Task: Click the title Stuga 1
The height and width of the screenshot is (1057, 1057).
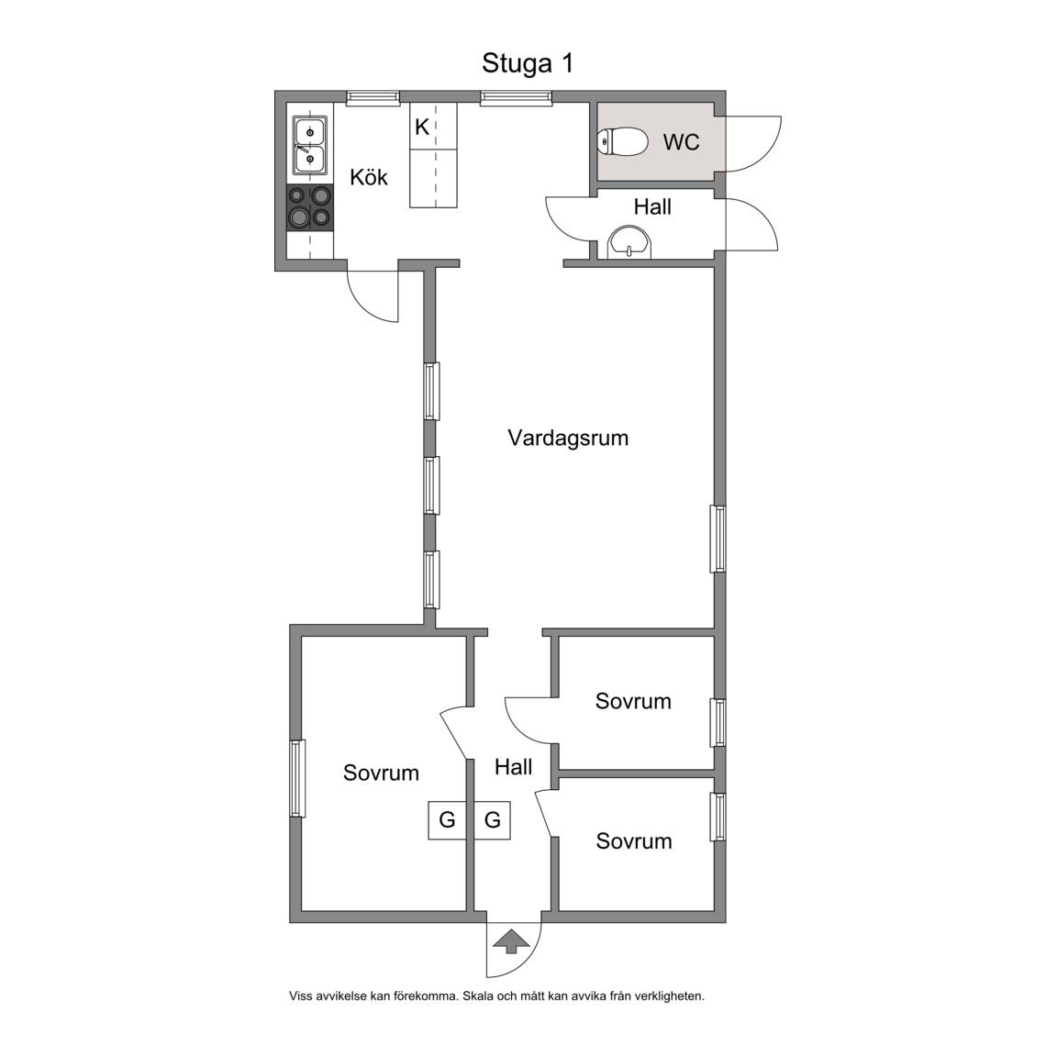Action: pos(528,63)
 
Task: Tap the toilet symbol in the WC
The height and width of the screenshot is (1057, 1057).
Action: pos(622,141)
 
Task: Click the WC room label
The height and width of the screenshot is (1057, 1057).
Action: pos(681,142)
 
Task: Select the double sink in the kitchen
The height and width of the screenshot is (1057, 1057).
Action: pos(310,145)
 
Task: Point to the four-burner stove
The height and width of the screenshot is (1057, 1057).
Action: pos(310,207)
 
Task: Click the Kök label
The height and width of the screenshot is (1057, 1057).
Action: pos(369,177)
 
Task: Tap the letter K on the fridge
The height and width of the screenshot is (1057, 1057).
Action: pos(422,127)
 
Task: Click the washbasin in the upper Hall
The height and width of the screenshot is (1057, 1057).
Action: pos(630,242)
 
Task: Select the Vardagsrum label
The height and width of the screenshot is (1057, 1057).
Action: pos(568,439)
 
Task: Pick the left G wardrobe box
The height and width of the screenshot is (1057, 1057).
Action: pos(447,819)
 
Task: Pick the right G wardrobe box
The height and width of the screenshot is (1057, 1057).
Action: pos(492,819)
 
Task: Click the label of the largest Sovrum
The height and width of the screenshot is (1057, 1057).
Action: pos(381,773)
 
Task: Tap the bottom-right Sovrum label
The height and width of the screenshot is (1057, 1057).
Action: pos(634,841)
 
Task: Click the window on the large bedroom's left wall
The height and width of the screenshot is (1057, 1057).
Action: pos(297,779)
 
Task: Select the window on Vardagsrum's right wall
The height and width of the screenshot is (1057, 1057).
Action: pos(718,540)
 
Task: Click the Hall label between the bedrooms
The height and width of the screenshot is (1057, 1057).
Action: pos(513,767)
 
